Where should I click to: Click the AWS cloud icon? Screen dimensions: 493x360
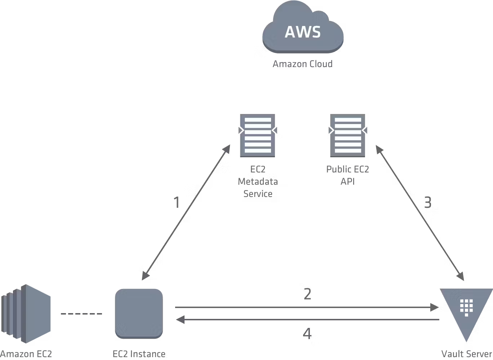click(x=303, y=27)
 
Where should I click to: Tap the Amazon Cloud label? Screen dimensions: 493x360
click(x=302, y=64)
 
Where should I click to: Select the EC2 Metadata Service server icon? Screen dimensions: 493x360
click(x=258, y=135)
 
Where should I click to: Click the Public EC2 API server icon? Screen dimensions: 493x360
click(x=348, y=135)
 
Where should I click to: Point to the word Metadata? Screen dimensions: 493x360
click(x=258, y=181)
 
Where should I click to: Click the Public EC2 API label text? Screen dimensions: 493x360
click(x=347, y=175)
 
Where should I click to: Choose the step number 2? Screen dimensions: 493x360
click(x=307, y=294)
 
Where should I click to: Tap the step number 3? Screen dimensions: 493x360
click(x=428, y=202)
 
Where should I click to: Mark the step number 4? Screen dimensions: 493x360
click(x=307, y=334)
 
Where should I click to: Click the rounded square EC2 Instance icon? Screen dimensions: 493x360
click(x=139, y=313)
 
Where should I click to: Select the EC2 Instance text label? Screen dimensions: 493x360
click(x=139, y=354)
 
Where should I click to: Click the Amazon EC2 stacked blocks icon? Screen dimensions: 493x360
click(x=26, y=314)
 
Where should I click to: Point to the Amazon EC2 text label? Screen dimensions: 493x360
click(x=26, y=354)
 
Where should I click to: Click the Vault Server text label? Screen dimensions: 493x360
click(x=467, y=354)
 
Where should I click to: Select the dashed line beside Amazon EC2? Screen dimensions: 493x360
click(x=81, y=314)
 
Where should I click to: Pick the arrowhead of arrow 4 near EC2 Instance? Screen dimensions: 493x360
click(x=181, y=320)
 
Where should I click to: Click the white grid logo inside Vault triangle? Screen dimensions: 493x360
click(x=466, y=308)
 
